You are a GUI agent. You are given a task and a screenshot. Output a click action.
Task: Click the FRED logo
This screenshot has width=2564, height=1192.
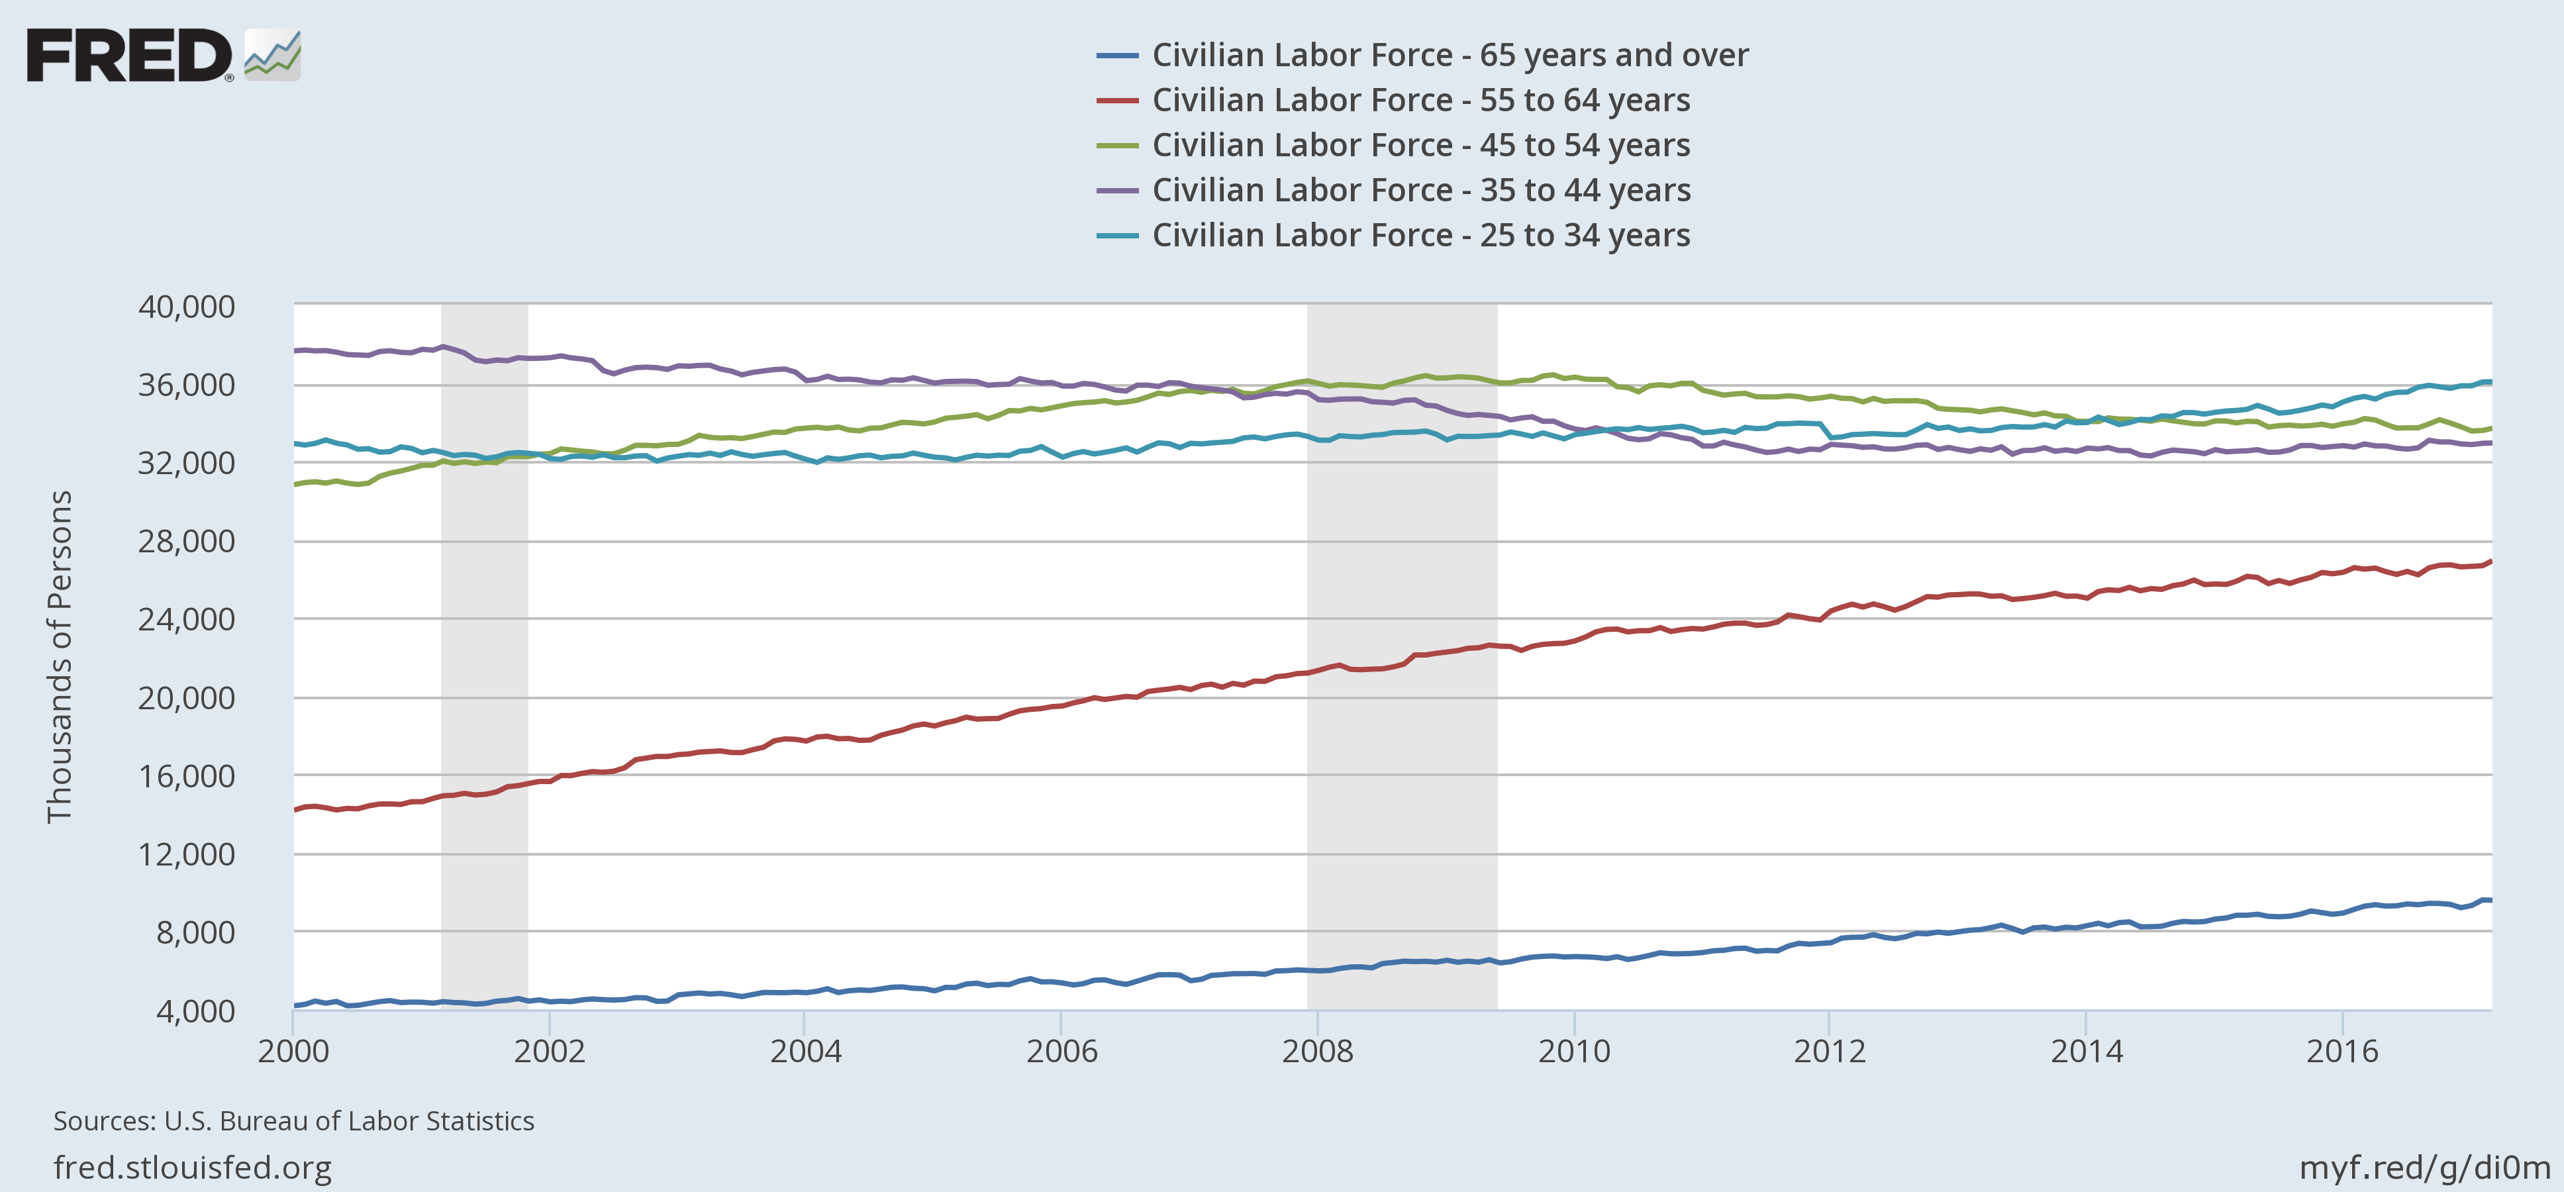pyautogui.click(x=162, y=55)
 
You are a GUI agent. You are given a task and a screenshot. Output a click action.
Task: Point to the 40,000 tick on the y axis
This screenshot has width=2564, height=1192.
pyautogui.click(x=187, y=307)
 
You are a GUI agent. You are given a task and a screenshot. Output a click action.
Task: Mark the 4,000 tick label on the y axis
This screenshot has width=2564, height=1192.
pyautogui.click(x=195, y=1011)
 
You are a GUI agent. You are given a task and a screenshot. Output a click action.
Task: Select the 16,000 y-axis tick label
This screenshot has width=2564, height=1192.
pyautogui.click(x=187, y=776)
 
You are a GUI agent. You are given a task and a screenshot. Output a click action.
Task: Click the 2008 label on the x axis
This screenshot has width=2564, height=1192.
pyautogui.click(x=1317, y=1051)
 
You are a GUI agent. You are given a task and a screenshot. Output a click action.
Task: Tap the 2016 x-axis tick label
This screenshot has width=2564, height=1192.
pyautogui.click(x=2342, y=1051)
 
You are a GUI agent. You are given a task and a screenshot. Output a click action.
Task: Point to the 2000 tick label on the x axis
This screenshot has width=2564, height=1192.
pyautogui.click(x=293, y=1051)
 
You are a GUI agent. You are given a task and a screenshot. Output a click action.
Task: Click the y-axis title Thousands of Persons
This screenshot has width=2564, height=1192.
pyautogui.click(x=60, y=657)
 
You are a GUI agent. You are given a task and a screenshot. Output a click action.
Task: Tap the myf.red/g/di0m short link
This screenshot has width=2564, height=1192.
pyautogui.click(x=2424, y=1167)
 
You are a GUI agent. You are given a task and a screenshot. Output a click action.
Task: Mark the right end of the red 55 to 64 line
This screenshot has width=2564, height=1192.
pyautogui.click(x=2489, y=561)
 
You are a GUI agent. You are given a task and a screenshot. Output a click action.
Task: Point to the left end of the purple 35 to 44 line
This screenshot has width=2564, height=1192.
pyautogui.click(x=295, y=350)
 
